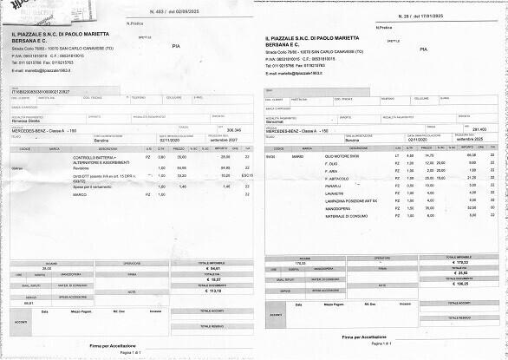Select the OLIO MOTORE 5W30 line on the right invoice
click(x=343, y=155)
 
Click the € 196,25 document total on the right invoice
click(x=459, y=283)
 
